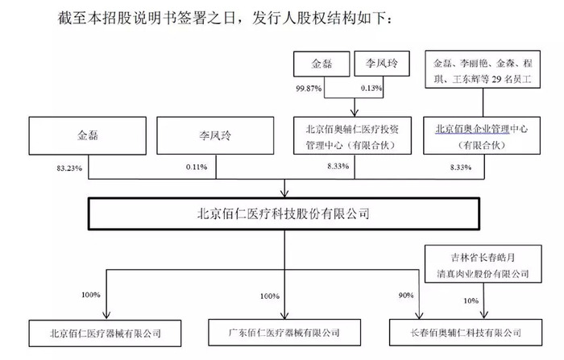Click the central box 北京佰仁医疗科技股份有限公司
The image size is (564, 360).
point(284,213)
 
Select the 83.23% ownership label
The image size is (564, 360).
point(69,168)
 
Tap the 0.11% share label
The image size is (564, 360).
point(197,167)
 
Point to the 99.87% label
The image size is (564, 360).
point(309,89)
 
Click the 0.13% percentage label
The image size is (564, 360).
point(371,88)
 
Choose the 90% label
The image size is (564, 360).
point(406,296)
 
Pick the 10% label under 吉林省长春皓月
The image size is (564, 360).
point(471,300)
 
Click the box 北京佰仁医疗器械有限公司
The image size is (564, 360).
point(105,333)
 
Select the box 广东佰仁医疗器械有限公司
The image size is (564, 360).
point(284,333)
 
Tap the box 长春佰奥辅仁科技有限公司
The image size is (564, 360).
point(466,333)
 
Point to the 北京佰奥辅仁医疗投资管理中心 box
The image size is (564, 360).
point(353,135)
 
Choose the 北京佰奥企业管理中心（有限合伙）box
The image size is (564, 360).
point(482,135)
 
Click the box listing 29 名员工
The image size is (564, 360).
point(483,69)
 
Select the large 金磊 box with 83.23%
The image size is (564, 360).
point(87,136)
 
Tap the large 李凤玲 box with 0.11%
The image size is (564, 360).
point(215,136)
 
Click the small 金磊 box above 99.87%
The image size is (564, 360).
point(321,64)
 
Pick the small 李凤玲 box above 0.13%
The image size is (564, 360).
point(382,64)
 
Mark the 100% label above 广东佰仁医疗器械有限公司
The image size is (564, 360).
point(270,296)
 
